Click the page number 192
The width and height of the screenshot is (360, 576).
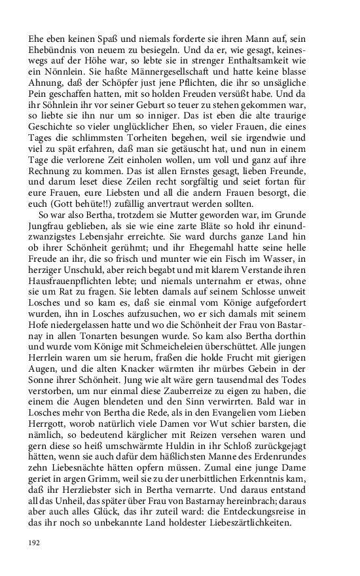(34, 543)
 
